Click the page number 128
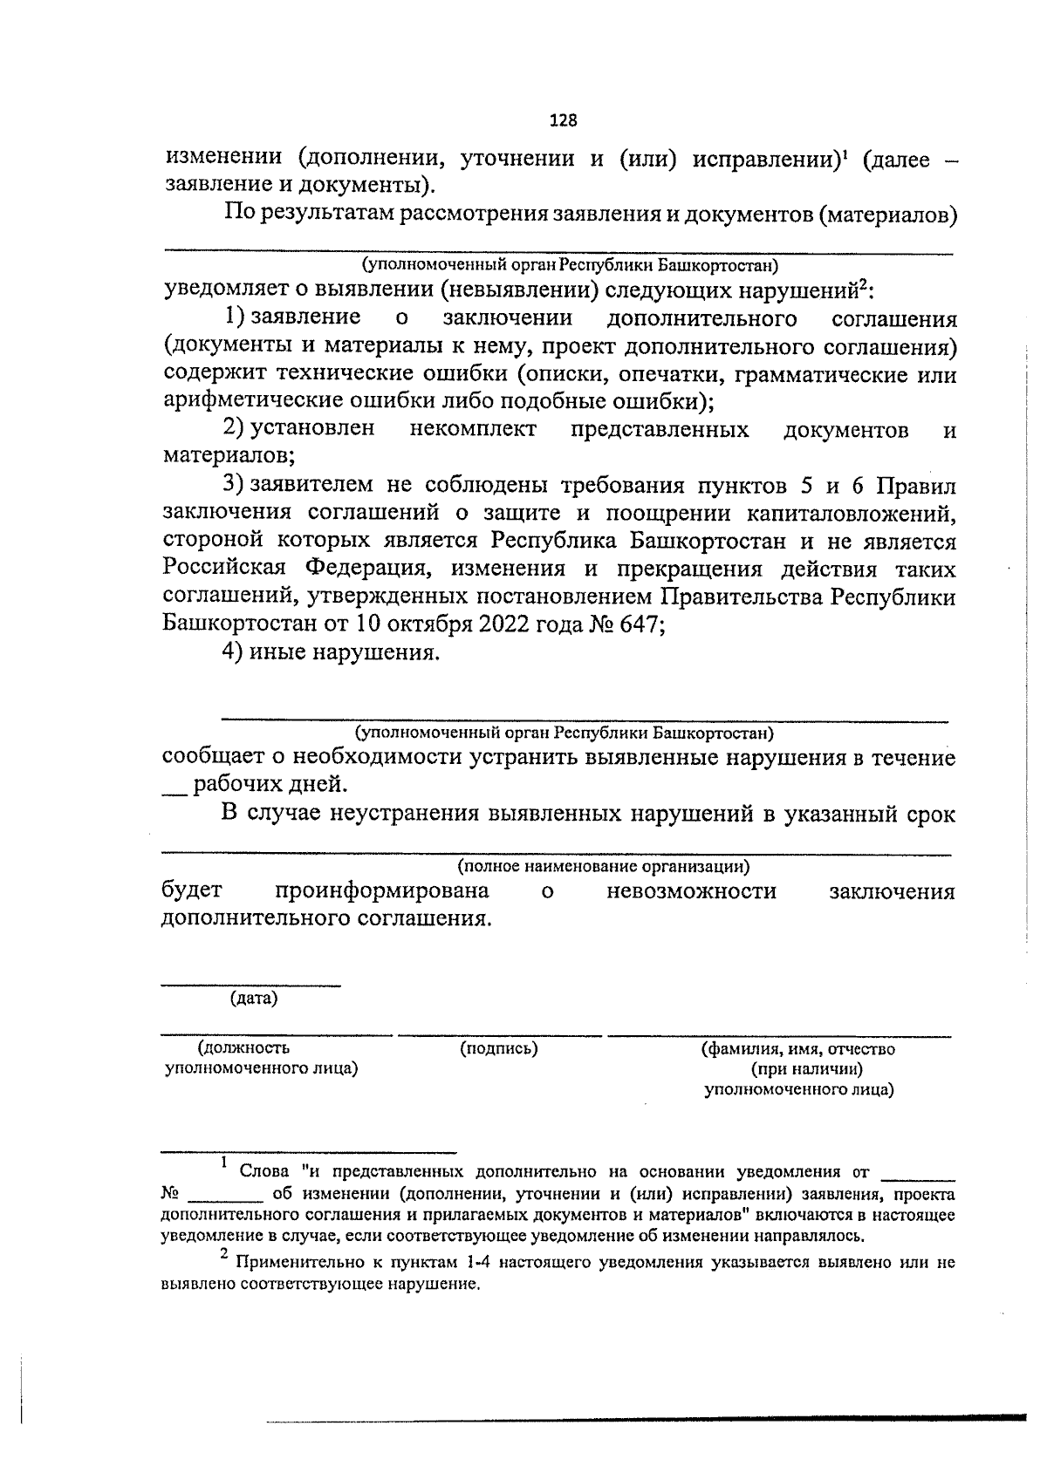click(563, 120)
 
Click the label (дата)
click(253, 999)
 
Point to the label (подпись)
click(498, 1048)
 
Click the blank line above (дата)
click(251, 986)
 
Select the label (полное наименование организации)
click(603, 867)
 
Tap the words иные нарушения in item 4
click(342, 652)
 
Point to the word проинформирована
click(381, 891)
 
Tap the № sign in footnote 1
click(171, 1193)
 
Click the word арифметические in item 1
click(250, 401)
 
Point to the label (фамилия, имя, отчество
click(797, 1049)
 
